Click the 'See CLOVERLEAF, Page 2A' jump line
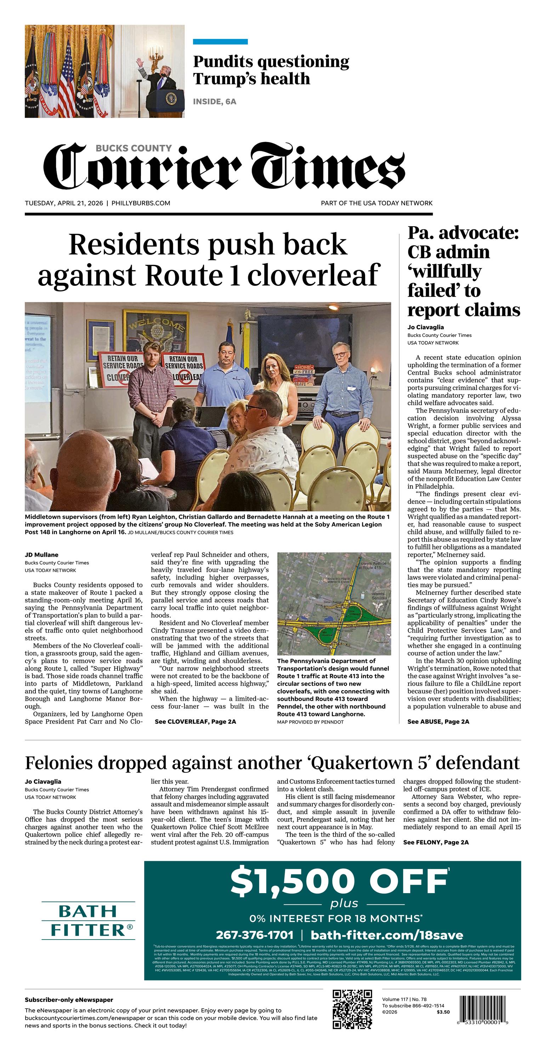tap(195, 722)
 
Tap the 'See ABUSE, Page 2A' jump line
tap(438, 722)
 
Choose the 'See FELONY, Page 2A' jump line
tap(436, 842)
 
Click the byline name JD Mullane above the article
tap(41, 555)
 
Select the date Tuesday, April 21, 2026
tap(64, 203)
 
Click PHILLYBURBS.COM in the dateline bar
tap(141, 203)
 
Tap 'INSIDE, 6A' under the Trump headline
tap(215, 102)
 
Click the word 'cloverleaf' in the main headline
tap(313, 275)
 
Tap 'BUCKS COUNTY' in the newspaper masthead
tap(133, 148)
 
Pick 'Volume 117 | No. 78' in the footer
tap(404, 999)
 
